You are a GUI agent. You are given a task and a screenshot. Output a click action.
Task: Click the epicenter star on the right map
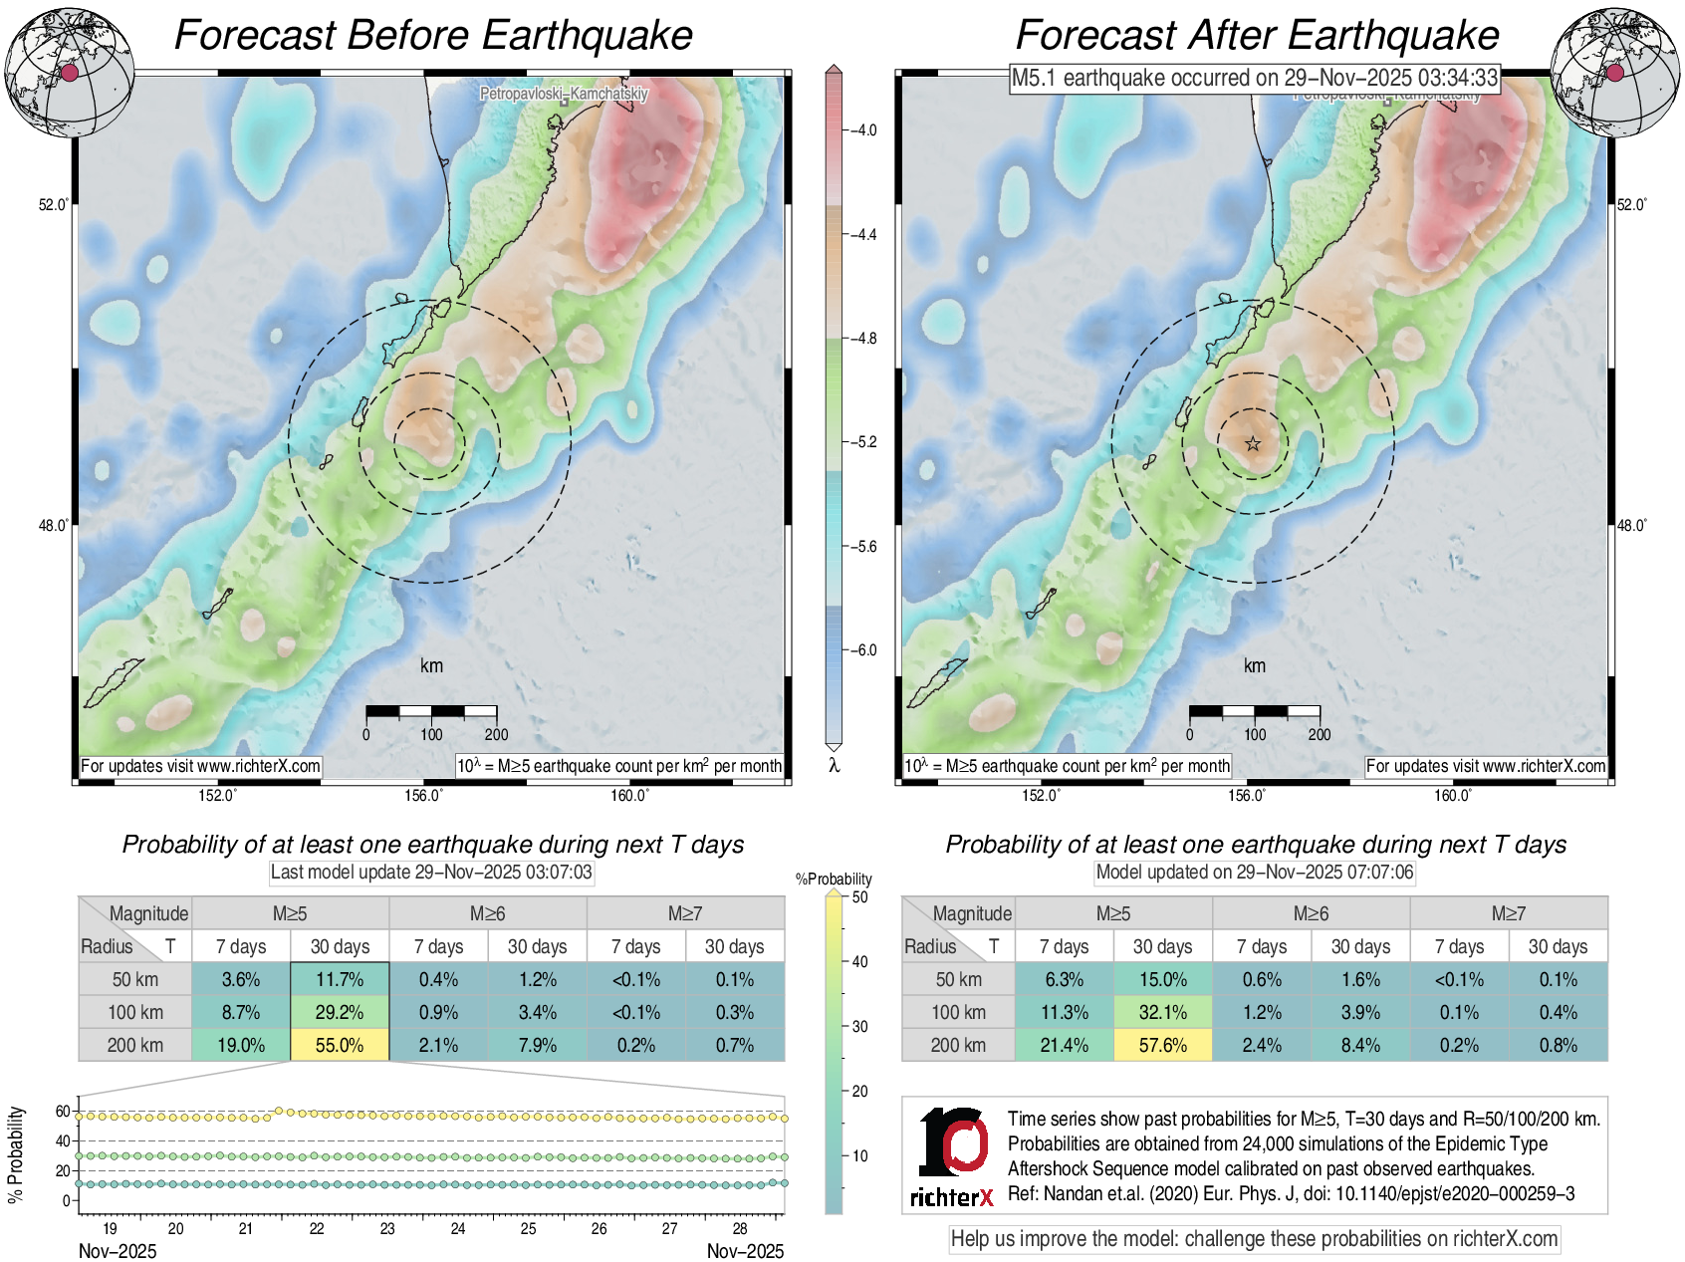tap(1253, 444)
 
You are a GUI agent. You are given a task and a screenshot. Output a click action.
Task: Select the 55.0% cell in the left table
tap(340, 1045)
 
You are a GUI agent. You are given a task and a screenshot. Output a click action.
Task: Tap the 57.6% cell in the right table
tap(1162, 1045)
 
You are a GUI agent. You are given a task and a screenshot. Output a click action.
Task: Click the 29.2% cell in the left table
tap(340, 1012)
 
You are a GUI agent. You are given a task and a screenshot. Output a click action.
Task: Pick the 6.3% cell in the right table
tap(1064, 979)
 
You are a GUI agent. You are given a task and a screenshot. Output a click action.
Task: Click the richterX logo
tap(952, 1156)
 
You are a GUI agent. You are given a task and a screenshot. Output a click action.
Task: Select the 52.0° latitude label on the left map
tap(54, 204)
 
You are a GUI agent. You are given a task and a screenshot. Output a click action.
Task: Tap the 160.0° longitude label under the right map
tap(1452, 795)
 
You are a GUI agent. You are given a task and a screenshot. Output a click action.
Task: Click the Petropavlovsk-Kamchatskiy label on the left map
tap(564, 94)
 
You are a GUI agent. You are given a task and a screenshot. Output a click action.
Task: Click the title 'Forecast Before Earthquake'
tap(433, 35)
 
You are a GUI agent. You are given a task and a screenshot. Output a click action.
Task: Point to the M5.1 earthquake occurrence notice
tap(1254, 78)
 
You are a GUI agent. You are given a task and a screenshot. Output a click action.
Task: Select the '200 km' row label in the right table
tap(958, 1045)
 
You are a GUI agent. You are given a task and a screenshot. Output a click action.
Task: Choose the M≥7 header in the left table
tap(685, 913)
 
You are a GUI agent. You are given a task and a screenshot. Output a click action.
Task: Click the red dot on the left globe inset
tap(69, 72)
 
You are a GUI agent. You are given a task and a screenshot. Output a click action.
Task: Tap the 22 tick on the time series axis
tap(317, 1228)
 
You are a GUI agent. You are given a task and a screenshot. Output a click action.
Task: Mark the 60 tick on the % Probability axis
tap(63, 1111)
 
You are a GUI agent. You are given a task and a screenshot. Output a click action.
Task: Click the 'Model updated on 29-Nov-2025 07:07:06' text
tap(1254, 873)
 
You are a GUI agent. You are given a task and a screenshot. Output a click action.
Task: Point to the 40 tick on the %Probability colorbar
tap(859, 961)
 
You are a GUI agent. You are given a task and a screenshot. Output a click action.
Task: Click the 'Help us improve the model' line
tap(1254, 1239)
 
